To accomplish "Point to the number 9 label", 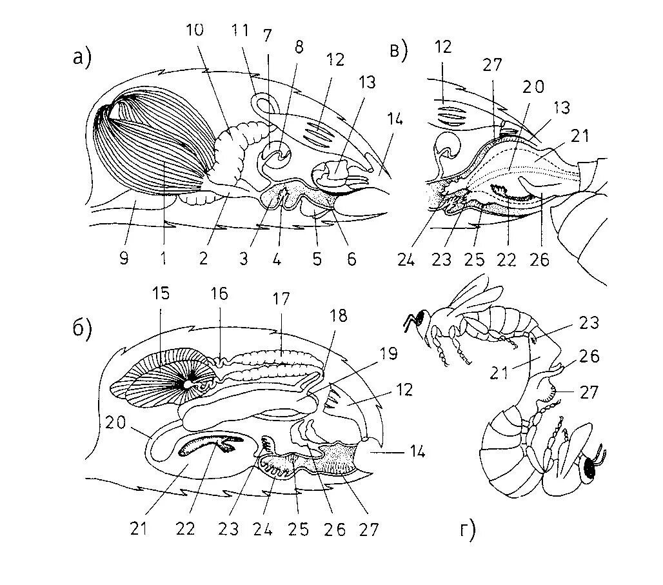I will pos(124,259).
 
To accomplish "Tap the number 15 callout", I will pos(161,294).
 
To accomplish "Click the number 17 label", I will pos(282,299).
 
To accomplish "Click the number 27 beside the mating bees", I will pos(589,392).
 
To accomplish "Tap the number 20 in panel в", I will pos(533,87).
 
